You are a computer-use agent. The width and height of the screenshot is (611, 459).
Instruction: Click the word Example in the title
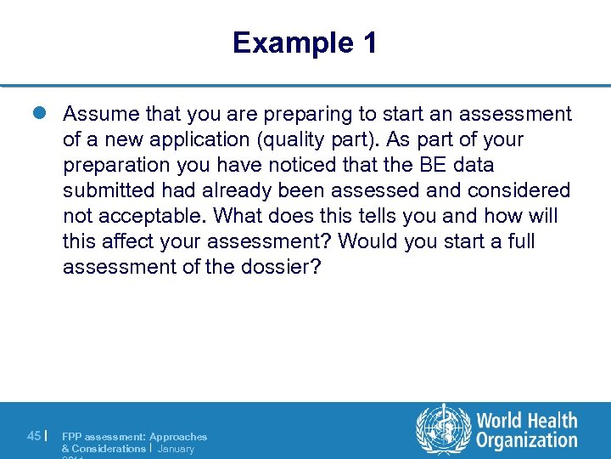click(284, 42)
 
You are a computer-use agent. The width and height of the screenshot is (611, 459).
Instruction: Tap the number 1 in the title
click(368, 42)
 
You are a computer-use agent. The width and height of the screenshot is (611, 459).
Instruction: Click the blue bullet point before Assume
click(45, 114)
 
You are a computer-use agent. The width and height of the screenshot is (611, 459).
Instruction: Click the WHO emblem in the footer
click(442, 429)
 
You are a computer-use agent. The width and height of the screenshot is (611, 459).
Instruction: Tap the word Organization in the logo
click(526, 440)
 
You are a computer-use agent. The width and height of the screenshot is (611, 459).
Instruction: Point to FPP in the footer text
click(73, 436)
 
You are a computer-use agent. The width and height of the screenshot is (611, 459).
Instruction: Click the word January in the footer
click(176, 448)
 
